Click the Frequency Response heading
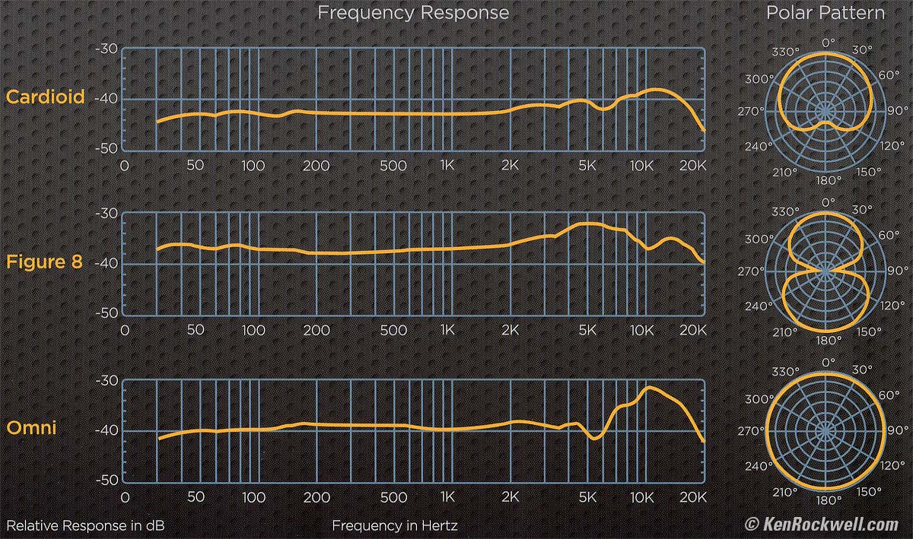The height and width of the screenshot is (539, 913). [413, 13]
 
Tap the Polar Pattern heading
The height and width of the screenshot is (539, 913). [826, 13]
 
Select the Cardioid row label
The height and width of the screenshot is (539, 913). [45, 97]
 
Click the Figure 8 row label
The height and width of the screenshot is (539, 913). [45, 262]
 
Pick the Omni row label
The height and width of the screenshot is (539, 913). [31, 428]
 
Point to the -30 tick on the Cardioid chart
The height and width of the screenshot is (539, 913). [106, 49]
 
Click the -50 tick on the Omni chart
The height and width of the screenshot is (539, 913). [106, 480]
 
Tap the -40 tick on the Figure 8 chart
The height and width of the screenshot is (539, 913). [106, 264]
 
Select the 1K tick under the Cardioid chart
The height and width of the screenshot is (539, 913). [447, 166]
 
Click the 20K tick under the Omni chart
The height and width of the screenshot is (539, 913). [692, 497]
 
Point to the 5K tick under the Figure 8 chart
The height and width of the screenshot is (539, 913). [587, 331]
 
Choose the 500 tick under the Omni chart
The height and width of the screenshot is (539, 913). [393, 497]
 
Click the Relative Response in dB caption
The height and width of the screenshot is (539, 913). [85, 525]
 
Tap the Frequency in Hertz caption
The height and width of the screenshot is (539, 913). [395, 525]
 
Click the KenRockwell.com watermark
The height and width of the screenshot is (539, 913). [821, 525]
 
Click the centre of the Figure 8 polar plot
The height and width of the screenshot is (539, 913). [826, 271]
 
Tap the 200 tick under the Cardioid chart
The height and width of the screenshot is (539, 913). [315, 166]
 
